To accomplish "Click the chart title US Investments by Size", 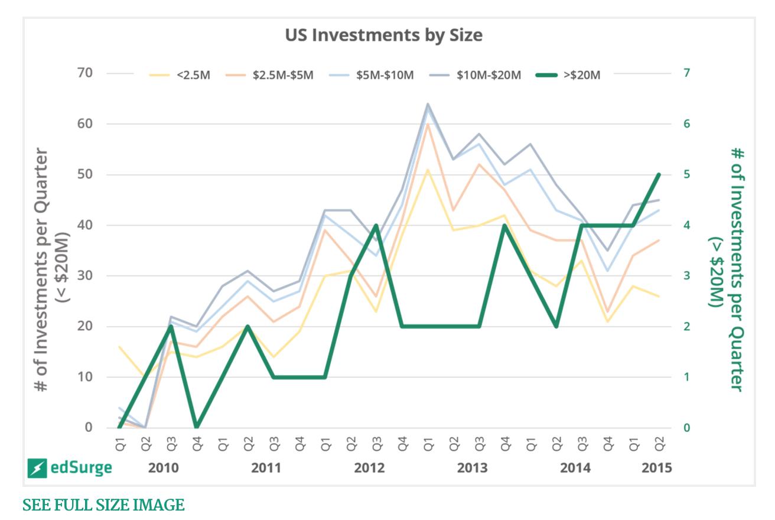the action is (x=384, y=35).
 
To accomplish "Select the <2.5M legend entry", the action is (x=180, y=75).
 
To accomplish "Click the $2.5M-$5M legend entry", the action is (x=269, y=75).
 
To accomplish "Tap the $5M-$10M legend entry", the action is (x=371, y=75).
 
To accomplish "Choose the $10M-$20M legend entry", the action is (x=475, y=75).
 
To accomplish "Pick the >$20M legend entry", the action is (x=568, y=75).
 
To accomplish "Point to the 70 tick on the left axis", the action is (x=85, y=73).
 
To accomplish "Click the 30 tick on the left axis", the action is (x=85, y=275).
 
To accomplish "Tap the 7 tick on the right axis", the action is (x=687, y=73).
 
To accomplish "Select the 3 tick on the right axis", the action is (x=687, y=275).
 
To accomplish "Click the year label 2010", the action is (x=163, y=468).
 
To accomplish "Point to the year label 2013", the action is (x=473, y=468).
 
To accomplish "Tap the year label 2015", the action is (x=657, y=468).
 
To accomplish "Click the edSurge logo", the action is (x=70, y=468).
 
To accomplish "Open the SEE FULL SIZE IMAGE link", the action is (x=103, y=505).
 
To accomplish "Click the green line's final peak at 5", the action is (x=659, y=175).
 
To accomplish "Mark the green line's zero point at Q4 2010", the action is (x=197, y=426).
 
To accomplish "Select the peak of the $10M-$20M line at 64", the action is (x=428, y=104).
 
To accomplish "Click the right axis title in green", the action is (x=727, y=270).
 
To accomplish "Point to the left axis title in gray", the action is (x=52, y=270).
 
